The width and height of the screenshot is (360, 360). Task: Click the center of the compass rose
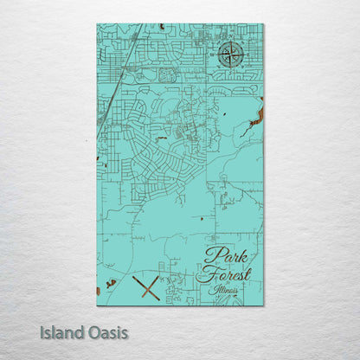(x=231, y=55)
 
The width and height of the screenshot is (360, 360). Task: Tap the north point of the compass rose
(x=231, y=42)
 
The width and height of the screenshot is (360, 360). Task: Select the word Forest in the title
(x=223, y=275)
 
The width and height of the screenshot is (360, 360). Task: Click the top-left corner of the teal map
(x=97, y=24)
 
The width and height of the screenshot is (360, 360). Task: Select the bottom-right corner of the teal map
(x=263, y=305)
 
